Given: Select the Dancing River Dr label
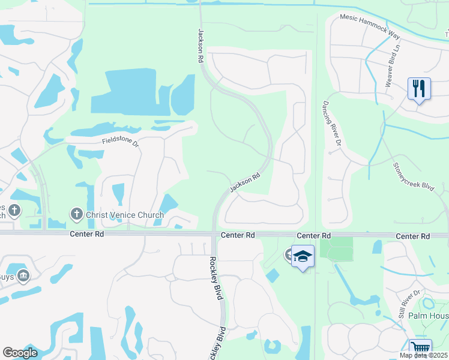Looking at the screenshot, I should pyautogui.click(x=331, y=124).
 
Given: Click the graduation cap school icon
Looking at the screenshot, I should pyautogui.click(x=303, y=257).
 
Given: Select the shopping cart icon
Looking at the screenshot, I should pyautogui.click(x=420, y=349).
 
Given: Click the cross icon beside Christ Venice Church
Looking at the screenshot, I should pyautogui.click(x=76, y=214).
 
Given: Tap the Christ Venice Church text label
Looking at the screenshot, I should pyautogui.click(x=125, y=215).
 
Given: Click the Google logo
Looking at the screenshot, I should pyautogui.click(x=20, y=353).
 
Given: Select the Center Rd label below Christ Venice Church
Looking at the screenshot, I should pyautogui.click(x=86, y=234).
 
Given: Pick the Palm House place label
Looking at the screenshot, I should pyautogui.click(x=429, y=316).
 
